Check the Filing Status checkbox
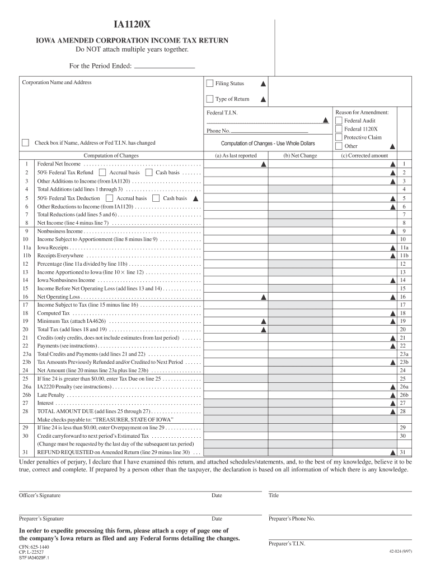(210, 84)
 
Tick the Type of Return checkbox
(210, 99)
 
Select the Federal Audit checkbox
(339, 121)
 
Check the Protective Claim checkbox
(339, 137)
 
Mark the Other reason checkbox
(339, 146)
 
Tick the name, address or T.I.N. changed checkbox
(25, 142)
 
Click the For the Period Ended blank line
(165, 66)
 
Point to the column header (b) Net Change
(299, 156)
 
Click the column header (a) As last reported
(236, 156)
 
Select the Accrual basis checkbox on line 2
(102, 173)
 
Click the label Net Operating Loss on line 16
(58, 297)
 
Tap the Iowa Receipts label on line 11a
(53, 247)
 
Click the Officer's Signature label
(40, 496)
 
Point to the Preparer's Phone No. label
(292, 519)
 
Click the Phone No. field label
(218, 131)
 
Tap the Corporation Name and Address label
(57, 82)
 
